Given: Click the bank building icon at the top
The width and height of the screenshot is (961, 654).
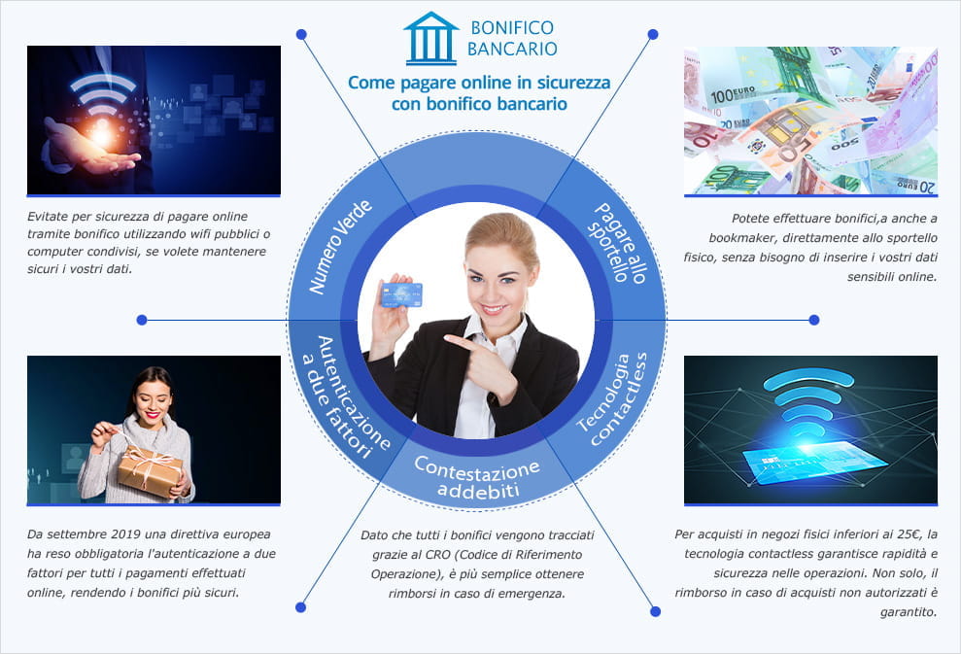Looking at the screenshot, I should pyautogui.click(x=430, y=39).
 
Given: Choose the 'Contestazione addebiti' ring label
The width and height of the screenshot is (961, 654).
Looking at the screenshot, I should pyautogui.click(x=477, y=477).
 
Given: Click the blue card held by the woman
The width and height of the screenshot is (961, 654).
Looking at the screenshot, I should pyautogui.click(x=401, y=293).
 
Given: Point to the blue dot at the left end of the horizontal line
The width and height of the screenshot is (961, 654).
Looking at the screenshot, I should pyautogui.click(x=142, y=319).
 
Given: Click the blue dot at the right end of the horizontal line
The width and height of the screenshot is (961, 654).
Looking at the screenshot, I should pyautogui.click(x=814, y=319).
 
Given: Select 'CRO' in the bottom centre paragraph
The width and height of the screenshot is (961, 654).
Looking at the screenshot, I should pyautogui.click(x=436, y=554).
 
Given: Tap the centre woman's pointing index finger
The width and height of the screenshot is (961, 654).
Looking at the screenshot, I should pyautogui.click(x=450, y=338).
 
